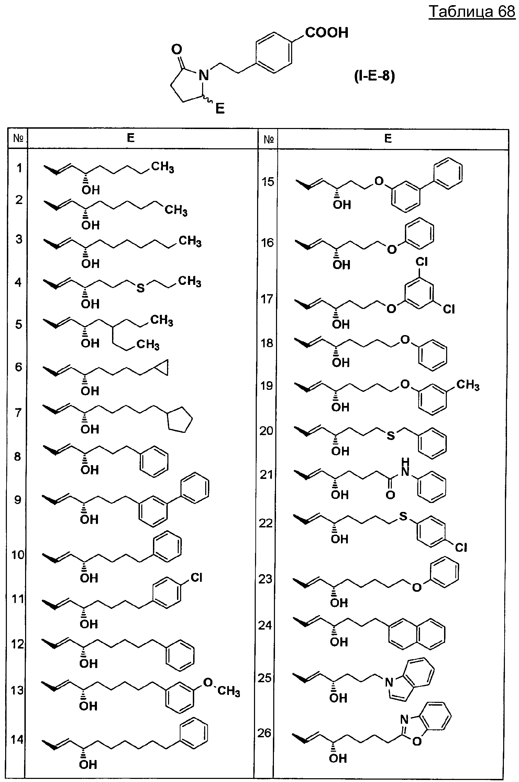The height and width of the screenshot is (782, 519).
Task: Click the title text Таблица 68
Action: tap(472, 12)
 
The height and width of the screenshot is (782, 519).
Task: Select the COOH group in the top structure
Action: tap(327, 33)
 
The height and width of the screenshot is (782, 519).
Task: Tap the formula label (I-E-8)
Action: tap(375, 76)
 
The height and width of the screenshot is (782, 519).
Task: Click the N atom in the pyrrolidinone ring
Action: tap(204, 75)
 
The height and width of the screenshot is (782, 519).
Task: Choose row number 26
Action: tap(265, 733)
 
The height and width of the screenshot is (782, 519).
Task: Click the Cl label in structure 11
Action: tap(196, 578)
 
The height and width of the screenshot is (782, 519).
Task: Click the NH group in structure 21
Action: tap(406, 467)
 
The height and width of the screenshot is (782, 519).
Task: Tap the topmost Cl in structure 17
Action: tap(421, 262)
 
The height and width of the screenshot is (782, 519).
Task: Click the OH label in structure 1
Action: tap(91, 189)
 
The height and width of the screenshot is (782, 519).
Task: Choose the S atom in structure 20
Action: tap(391, 436)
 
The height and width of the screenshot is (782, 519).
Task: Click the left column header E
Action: tap(131, 138)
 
